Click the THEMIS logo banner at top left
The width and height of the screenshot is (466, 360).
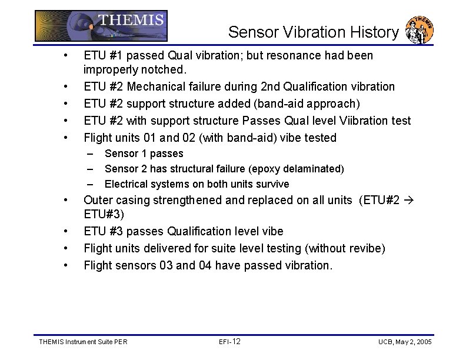coord(101,25)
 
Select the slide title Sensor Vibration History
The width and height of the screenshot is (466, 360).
coord(313,32)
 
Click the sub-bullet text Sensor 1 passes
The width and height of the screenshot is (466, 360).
coord(144,154)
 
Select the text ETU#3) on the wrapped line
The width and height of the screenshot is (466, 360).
coord(104,214)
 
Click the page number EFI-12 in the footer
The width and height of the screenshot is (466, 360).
coord(229,342)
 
